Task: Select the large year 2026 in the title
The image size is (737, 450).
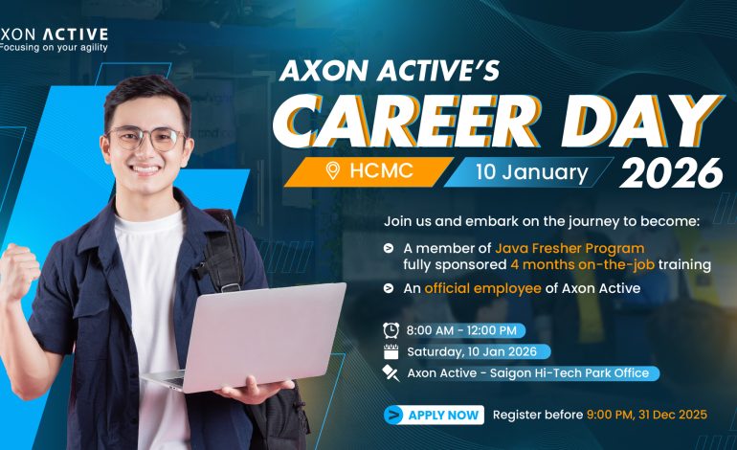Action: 670,173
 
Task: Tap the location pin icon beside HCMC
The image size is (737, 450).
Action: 333,171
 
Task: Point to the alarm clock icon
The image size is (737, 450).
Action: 390,328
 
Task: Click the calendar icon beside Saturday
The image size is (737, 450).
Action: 390,350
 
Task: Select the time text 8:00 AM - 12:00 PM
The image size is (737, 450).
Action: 462,328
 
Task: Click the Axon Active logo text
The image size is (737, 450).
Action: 55,33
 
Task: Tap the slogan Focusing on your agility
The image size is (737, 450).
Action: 55,47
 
